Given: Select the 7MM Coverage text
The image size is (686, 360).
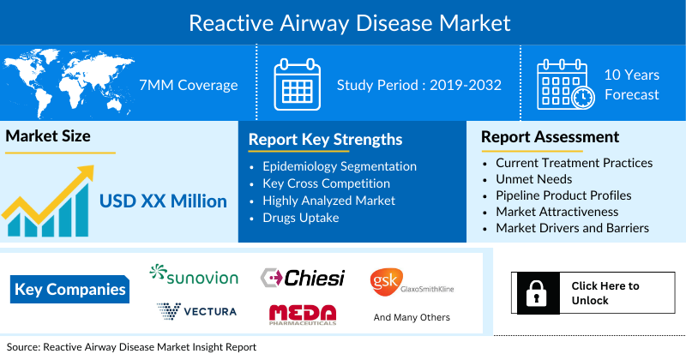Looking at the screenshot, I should [x=188, y=85].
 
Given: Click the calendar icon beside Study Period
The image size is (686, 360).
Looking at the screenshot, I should [x=297, y=84].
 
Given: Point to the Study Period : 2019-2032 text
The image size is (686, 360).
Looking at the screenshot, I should [x=418, y=85].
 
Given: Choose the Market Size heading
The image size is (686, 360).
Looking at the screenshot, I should [x=48, y=136].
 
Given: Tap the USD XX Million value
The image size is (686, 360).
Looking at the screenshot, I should [x=163, y=201].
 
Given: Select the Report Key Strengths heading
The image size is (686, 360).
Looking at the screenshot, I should [x=326, y=140].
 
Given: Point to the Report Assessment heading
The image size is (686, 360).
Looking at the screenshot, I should [x=550, y=137].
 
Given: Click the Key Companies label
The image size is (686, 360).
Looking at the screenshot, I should [x=70, y=290].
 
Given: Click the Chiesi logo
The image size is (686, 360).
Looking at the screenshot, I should [x=303, y=278].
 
